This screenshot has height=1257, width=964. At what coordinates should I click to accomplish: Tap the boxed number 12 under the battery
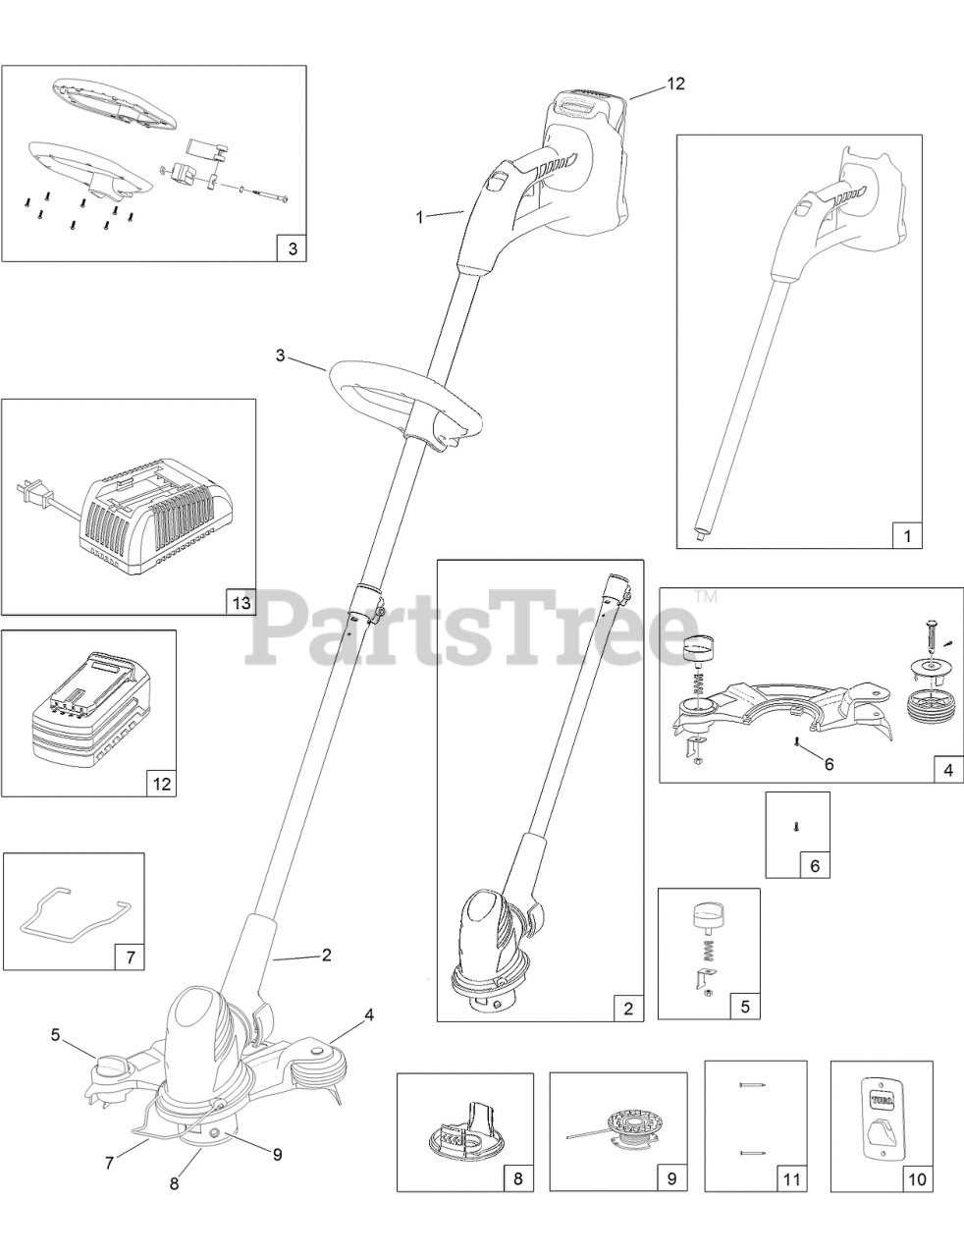click(x=161, y=783)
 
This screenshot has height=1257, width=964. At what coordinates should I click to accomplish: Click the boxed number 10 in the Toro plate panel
click(x=916, y=1177)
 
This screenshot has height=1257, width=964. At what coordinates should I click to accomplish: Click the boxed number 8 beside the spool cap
click(x=517, y=1177)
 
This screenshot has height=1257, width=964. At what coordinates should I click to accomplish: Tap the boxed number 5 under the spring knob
click(x=744, y=1006)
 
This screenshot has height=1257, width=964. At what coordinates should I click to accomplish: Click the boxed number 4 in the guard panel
click(x=947, y=770)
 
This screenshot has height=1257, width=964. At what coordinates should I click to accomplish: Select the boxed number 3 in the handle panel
click(x=291, y=248)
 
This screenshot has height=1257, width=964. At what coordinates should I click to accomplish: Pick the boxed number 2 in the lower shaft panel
click(x=628, y=1008)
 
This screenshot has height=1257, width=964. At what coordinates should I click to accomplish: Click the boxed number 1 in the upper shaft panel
click(x=907, y=535)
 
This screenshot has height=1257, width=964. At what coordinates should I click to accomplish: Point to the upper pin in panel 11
click(x=752, y=1085)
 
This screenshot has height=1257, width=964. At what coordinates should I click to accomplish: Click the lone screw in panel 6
click(x=796, y=827)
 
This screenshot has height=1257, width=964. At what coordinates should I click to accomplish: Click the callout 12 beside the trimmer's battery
click(x=674, y=83)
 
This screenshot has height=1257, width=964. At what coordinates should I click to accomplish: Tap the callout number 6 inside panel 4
click(x=828, y=762)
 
